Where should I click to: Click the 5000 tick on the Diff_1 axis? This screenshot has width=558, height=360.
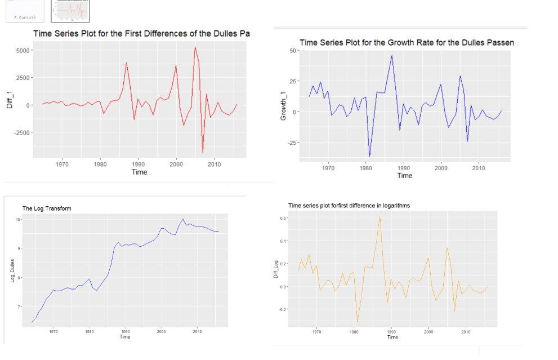(x=23, y=50)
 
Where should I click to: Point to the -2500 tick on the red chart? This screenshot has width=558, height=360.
(x=21, y=132)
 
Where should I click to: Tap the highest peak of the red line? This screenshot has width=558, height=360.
(x=195, y=47)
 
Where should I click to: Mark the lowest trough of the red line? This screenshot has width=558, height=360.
(x=203, y=152)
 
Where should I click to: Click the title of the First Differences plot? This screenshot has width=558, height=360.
(x=141, y=34)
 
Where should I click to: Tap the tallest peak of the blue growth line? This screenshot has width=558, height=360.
(x=392, y=55)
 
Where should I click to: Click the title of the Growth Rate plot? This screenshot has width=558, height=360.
(x=407, y=43)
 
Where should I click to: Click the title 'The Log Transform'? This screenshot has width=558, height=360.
(x=47, y=208)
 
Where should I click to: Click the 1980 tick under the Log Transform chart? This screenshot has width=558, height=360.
(x=89, y=332)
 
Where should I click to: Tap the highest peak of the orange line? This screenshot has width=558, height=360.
(x=380, y=216)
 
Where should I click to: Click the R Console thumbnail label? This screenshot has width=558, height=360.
(x=25, y=17)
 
